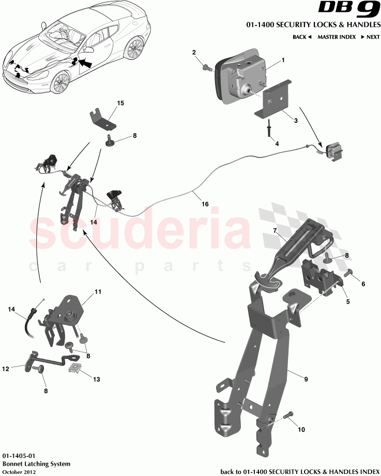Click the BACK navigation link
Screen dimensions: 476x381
[x=301, y=37]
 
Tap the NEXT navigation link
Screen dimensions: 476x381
[x=370, y=37]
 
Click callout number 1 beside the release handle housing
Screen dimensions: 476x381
[x=283, y=60]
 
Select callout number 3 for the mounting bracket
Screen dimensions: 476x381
[x=295, y=120]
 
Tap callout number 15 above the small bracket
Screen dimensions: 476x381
[x=120, y=103]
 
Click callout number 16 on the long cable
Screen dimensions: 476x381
[x=205, y=204]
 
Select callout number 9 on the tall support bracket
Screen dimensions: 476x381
[x=306, y=379]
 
